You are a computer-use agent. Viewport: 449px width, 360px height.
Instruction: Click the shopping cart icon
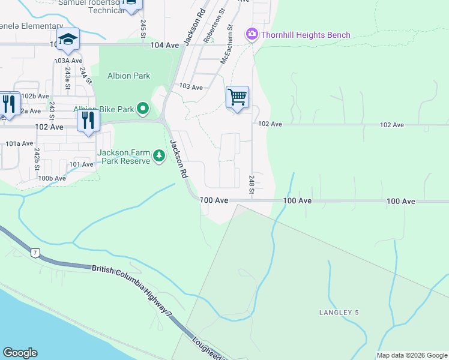(237, 97)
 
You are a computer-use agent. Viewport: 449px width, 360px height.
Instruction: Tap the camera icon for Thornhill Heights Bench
(252, 35)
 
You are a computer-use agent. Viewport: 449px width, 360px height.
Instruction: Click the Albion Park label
(129, 76)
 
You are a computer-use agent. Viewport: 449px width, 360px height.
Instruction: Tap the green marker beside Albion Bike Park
(143, 109)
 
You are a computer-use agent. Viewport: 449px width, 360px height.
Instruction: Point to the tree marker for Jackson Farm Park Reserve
(159, 156)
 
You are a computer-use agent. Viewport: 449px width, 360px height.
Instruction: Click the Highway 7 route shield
(35, 253)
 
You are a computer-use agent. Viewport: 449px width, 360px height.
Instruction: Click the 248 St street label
(252, 181)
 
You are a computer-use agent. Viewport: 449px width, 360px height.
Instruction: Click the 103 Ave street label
(191, 87)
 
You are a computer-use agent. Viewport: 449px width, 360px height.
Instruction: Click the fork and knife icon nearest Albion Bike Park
(88, 120)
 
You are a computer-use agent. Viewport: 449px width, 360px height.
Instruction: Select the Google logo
(20, 353)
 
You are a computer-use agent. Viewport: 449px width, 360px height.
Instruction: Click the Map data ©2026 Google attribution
(411, 355)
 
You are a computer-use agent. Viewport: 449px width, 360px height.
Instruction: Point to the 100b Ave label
(52, 178)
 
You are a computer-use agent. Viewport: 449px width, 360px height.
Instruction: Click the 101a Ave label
(19, 143)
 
